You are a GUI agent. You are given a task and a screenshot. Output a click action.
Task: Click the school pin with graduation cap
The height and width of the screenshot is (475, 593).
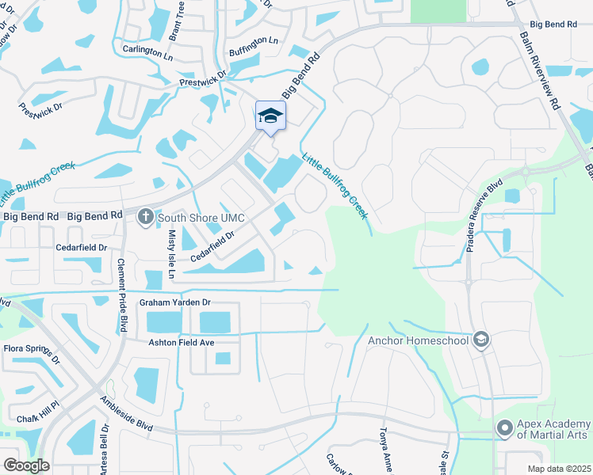(x=270, y=116)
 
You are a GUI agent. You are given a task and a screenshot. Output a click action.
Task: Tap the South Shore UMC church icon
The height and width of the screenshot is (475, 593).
(x=146, y=216)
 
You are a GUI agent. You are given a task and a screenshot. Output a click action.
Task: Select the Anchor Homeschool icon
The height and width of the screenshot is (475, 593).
(x=480, y=340)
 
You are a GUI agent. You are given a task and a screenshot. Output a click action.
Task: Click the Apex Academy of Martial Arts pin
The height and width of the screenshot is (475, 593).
(x=504, y=428)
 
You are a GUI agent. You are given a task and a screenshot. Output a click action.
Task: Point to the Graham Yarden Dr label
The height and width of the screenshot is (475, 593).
(x=174, y=302)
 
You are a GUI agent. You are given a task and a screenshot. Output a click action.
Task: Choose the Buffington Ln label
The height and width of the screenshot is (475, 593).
(x=254, y=40)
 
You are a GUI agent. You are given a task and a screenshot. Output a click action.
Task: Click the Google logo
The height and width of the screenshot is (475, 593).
(x=27, y=465)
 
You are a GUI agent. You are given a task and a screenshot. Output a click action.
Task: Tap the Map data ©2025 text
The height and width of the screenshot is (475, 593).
(x=558, y=469)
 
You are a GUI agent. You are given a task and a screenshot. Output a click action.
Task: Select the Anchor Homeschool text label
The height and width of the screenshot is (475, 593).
(x=419, y=341)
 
